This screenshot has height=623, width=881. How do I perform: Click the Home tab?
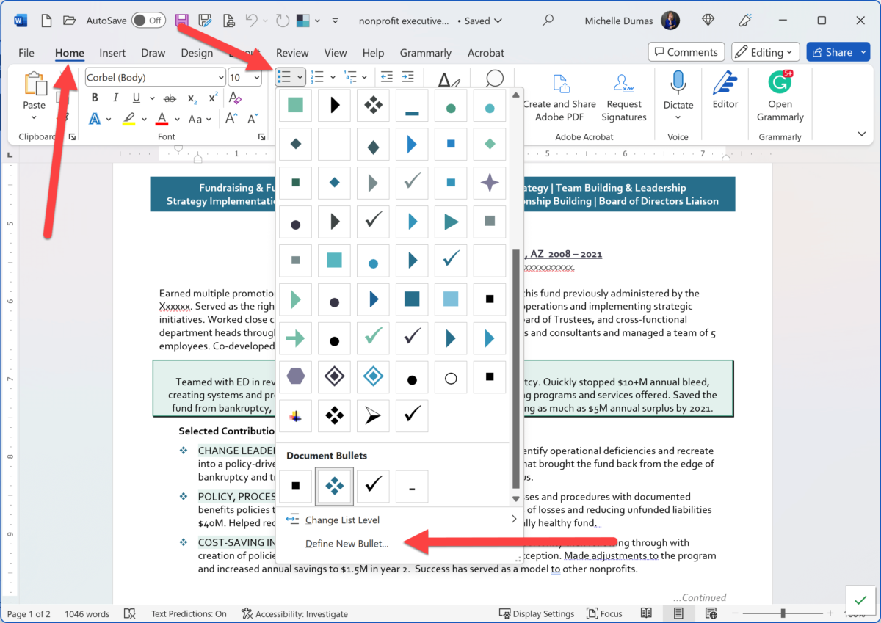[x=70, y=53]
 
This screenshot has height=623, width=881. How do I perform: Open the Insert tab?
[x=112, y=53]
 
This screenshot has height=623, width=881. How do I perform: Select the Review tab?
[x=292, y=53]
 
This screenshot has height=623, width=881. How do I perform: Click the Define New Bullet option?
[x=347, y=544]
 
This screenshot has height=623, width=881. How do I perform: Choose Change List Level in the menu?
[x=342, y=520]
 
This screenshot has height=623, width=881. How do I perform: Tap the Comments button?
[x=686, y=52]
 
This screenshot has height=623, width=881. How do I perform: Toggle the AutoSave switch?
[x=148, y=21]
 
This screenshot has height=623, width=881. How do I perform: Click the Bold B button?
[x=95, y=98]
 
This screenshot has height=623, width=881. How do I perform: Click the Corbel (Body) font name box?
[x=151, y=78]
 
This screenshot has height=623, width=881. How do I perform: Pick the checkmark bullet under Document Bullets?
[x=373, y=486]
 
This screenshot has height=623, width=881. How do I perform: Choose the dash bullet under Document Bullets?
[x=412, y=486]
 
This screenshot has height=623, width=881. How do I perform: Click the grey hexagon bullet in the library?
[x=296, y=377]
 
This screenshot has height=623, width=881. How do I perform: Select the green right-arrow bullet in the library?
[x=296, y=338]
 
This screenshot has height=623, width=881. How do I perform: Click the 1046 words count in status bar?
[x=87, y=614]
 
